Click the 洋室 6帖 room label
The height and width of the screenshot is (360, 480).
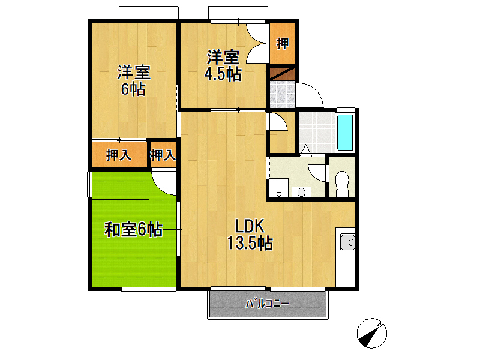pyautogui.click(x=133, y=81)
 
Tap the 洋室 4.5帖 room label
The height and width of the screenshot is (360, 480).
pyautogui.click(x=223, y=65)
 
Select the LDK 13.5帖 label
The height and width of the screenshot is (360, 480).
pyautogui.click(x=250, y=235)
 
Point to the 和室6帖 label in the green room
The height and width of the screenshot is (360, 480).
pyautogui.click(x=133, y=229)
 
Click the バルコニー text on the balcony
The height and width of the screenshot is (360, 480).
pyautogui.click(x=268, y=304)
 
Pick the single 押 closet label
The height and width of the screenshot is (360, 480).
pyautogui.click(x=282, y=43)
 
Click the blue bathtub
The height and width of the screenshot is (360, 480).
pyautogui.click(x=346, y=132)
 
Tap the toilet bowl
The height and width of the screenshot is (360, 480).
pyautogui.click(x=343, y=182)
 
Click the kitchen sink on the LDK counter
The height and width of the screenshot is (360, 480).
pyautogui.click(x=347, y=242)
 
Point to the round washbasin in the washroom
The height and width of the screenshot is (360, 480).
pyautogui.click(x=301, y=192)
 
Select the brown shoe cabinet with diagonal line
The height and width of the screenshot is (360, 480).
pyautogui.click(x=281, y=74)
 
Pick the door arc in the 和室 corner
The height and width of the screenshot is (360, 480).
pyautogui.click(x=163, y=182)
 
